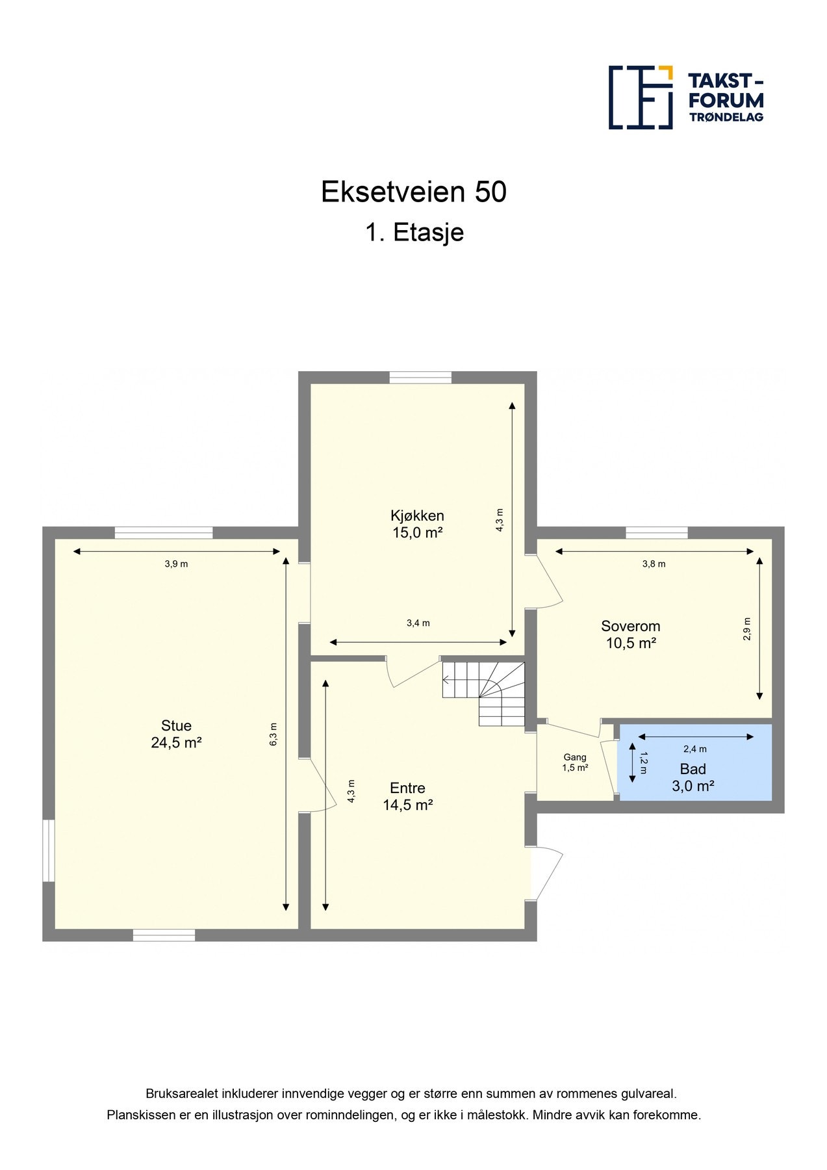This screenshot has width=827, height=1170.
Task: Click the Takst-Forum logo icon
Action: point(640,97)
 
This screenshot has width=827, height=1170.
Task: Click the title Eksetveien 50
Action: point(413,192)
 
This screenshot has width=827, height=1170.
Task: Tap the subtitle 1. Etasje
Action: point(414,233)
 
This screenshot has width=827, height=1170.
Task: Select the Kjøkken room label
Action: point(417,524)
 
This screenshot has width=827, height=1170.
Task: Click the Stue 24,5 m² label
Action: point(176,734)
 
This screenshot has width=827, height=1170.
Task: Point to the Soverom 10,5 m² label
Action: point(630,634)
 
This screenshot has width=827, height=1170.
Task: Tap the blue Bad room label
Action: point(693,777)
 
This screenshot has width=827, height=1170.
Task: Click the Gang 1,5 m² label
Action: point(575,762)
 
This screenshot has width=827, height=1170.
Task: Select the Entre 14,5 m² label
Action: point(407,796)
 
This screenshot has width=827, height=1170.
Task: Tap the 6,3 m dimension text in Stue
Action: point(274,734)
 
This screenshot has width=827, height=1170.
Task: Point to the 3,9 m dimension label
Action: point(176,564)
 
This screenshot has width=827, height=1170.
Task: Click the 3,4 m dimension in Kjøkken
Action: point(418,623)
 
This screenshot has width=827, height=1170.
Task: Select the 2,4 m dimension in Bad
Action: point(694,749)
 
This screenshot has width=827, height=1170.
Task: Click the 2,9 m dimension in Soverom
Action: point(747,629)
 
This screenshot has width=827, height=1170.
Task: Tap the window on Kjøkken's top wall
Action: point(420,378)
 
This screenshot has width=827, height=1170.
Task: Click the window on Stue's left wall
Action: point(49,850)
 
